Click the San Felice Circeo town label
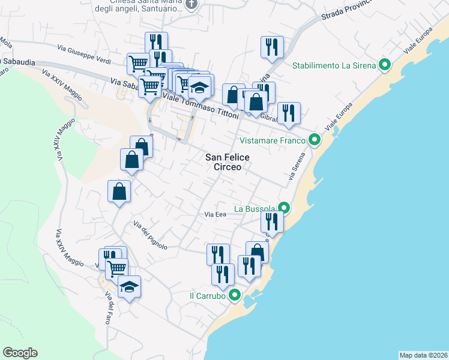tap(228, 162)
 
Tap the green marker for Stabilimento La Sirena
tap(385, 65)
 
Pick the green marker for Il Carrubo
tap(235, 295)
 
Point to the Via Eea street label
tap(215, 214)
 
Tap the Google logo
tap(20, 353)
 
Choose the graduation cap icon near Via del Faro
tap(129, 287)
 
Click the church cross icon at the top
tap(191, 4)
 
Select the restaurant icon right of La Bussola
tap(272, 221)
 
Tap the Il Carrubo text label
tap(207, 296)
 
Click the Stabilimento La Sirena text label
tap(334, 65)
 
